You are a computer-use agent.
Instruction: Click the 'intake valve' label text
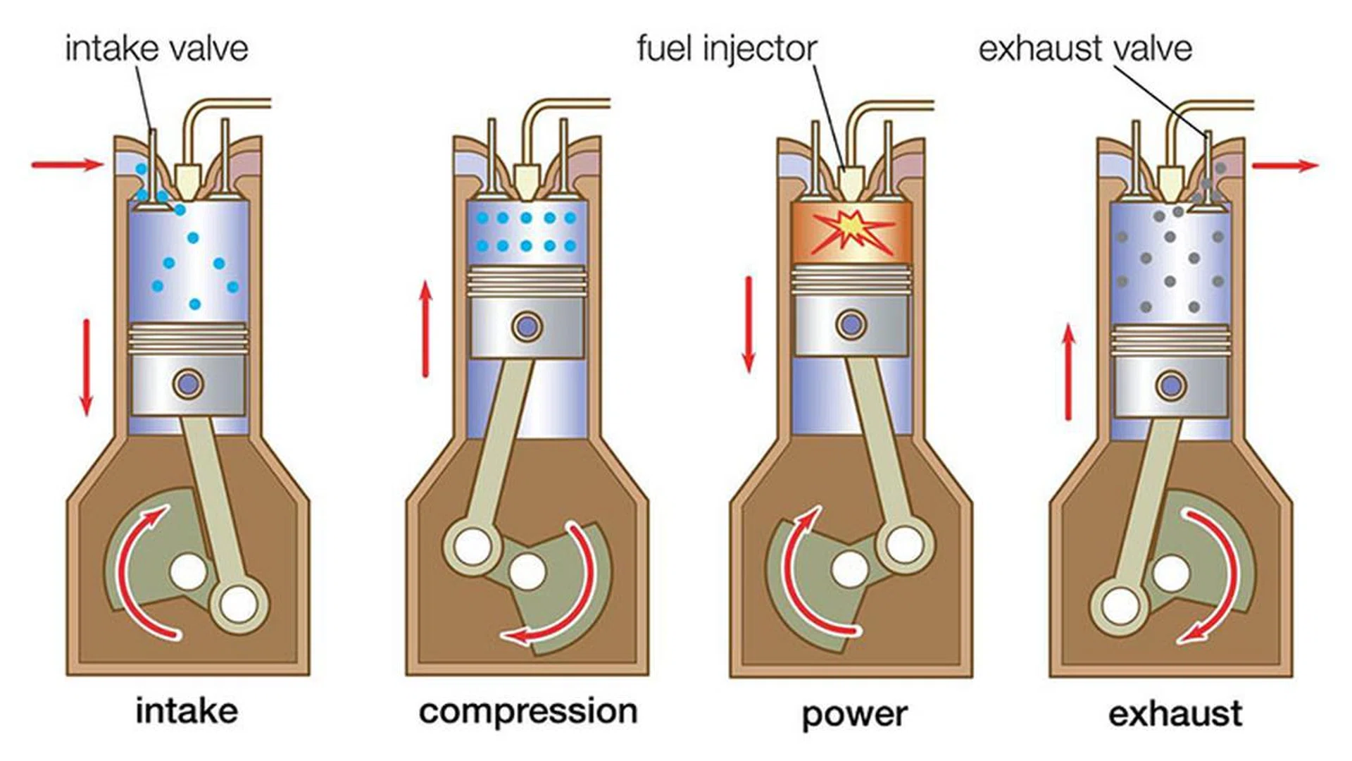156,49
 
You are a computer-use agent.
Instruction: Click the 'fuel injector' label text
726,49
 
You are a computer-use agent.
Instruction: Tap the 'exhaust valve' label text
1084,49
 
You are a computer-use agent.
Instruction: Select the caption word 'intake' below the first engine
187,711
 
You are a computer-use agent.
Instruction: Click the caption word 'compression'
528,711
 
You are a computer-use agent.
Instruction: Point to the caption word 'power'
854,714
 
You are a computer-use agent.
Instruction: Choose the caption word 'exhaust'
1175,714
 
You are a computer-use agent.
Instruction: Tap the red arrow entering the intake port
68,165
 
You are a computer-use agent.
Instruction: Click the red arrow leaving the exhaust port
1284,166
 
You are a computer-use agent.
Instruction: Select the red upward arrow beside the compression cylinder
425,328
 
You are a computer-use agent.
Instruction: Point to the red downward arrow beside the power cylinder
749,324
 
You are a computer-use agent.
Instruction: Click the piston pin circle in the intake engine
188,384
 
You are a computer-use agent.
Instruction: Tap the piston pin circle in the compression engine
527,327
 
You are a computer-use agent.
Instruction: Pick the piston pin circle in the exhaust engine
1170,386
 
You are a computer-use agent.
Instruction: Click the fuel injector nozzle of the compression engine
525,181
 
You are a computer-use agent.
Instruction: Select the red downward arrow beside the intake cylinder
87,367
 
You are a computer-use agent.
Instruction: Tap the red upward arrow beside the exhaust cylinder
1069,371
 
